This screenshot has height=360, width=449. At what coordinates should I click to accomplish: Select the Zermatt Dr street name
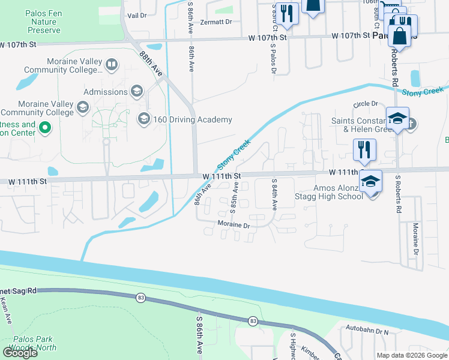[217, 22]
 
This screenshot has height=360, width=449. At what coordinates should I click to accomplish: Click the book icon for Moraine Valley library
[111, 64]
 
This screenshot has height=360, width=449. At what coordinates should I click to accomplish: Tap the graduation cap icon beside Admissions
[137, 92]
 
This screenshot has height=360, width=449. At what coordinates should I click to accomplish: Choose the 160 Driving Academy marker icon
[143, 119]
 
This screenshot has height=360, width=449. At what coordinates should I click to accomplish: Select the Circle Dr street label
[366, 104]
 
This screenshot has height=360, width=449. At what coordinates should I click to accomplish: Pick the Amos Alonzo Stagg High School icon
[371, 181]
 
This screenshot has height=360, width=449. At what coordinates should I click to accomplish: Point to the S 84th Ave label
[274, 194]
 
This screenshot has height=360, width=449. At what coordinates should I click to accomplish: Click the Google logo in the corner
[20, 353]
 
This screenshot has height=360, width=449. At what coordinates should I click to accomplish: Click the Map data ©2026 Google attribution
[412, 355]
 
